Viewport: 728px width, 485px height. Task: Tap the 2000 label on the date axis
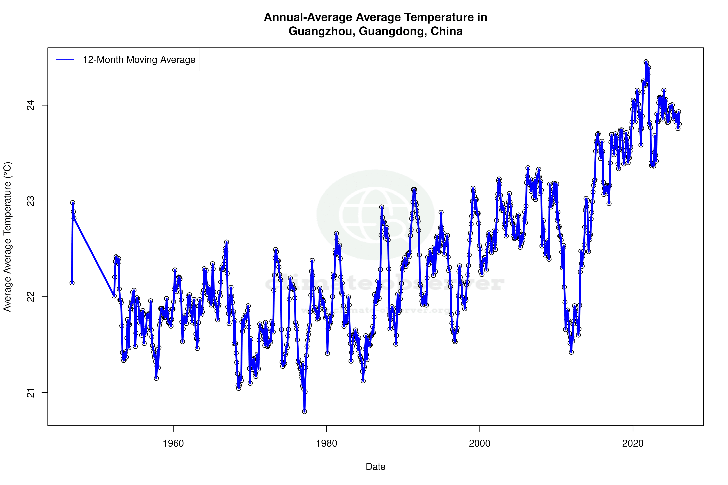point(480,443)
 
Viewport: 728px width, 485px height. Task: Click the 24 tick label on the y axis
point(31,106)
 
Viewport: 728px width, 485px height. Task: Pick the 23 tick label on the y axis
point(31,201)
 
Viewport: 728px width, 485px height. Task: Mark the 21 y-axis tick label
point(31,392)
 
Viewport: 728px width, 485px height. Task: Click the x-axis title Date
point(375,467)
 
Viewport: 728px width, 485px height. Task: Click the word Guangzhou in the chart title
point(322,31)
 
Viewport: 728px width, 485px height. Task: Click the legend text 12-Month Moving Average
point(139,60)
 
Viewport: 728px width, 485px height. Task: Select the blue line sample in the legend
point(65,60)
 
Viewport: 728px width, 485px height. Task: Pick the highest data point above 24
point(646,62)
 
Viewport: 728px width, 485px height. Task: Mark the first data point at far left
point(72,283)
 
